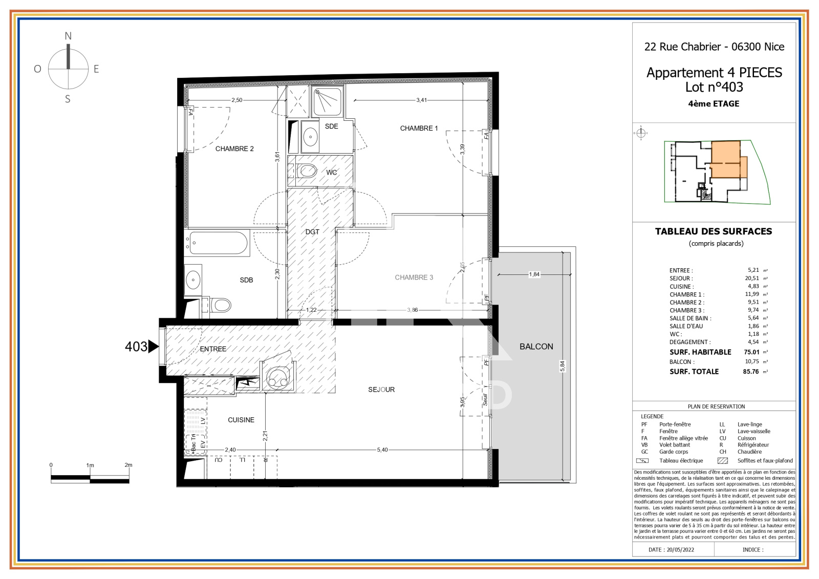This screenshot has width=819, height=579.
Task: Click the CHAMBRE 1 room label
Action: tap(419, 128)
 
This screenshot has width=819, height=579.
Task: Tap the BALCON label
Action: tap(536, 347)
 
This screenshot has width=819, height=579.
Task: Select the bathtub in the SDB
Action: tap(217, 243)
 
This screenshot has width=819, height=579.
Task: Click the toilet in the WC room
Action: tap(307, 171)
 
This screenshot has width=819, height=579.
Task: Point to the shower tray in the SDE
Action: tap(327, 102)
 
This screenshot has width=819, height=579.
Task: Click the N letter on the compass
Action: tap(68, 36)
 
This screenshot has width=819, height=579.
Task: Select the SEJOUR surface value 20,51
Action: tap(752, 278)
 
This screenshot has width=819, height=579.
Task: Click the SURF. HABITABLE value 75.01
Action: tap(751, 352)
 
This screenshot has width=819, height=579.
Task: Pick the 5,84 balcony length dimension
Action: tap(562, 366)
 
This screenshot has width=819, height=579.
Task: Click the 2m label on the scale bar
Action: tap(128, 465)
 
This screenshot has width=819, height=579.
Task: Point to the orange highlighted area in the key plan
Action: tap(725, 159)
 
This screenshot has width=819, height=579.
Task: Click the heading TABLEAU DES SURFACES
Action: tap(714, 231)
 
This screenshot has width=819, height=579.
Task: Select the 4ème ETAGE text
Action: tap(714, 104)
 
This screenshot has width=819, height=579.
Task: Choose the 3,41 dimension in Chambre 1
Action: tap(421, 100)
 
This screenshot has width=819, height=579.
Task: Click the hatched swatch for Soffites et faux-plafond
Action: tap(722, 461)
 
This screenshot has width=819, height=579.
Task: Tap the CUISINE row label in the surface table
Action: tap(681, 287)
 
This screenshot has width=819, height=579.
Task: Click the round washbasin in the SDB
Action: tap(193, 280)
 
